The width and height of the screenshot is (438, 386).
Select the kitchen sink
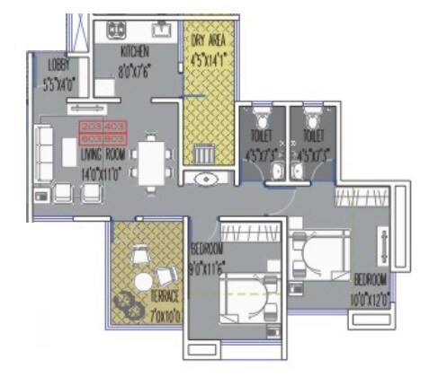click(162, 31)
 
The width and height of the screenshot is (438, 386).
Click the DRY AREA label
click(209, 41)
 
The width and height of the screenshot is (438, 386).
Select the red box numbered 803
click(114, 138)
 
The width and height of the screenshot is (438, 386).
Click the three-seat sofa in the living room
click(46, 153)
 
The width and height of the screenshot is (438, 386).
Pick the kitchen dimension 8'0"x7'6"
click(134, 65)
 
